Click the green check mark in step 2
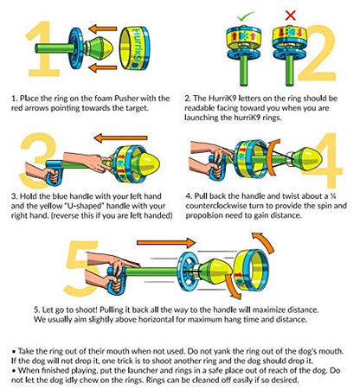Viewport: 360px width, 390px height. point(246,16)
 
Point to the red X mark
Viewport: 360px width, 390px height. point(290,16)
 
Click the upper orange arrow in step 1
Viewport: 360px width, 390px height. point(102,29)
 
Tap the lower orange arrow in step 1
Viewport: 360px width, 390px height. point(102,68)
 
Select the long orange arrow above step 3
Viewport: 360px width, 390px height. point(120,138)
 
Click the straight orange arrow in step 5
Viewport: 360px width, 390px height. point(166,242)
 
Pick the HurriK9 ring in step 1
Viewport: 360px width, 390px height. point(134,48)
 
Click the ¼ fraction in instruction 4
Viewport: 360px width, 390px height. point(333,196)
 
